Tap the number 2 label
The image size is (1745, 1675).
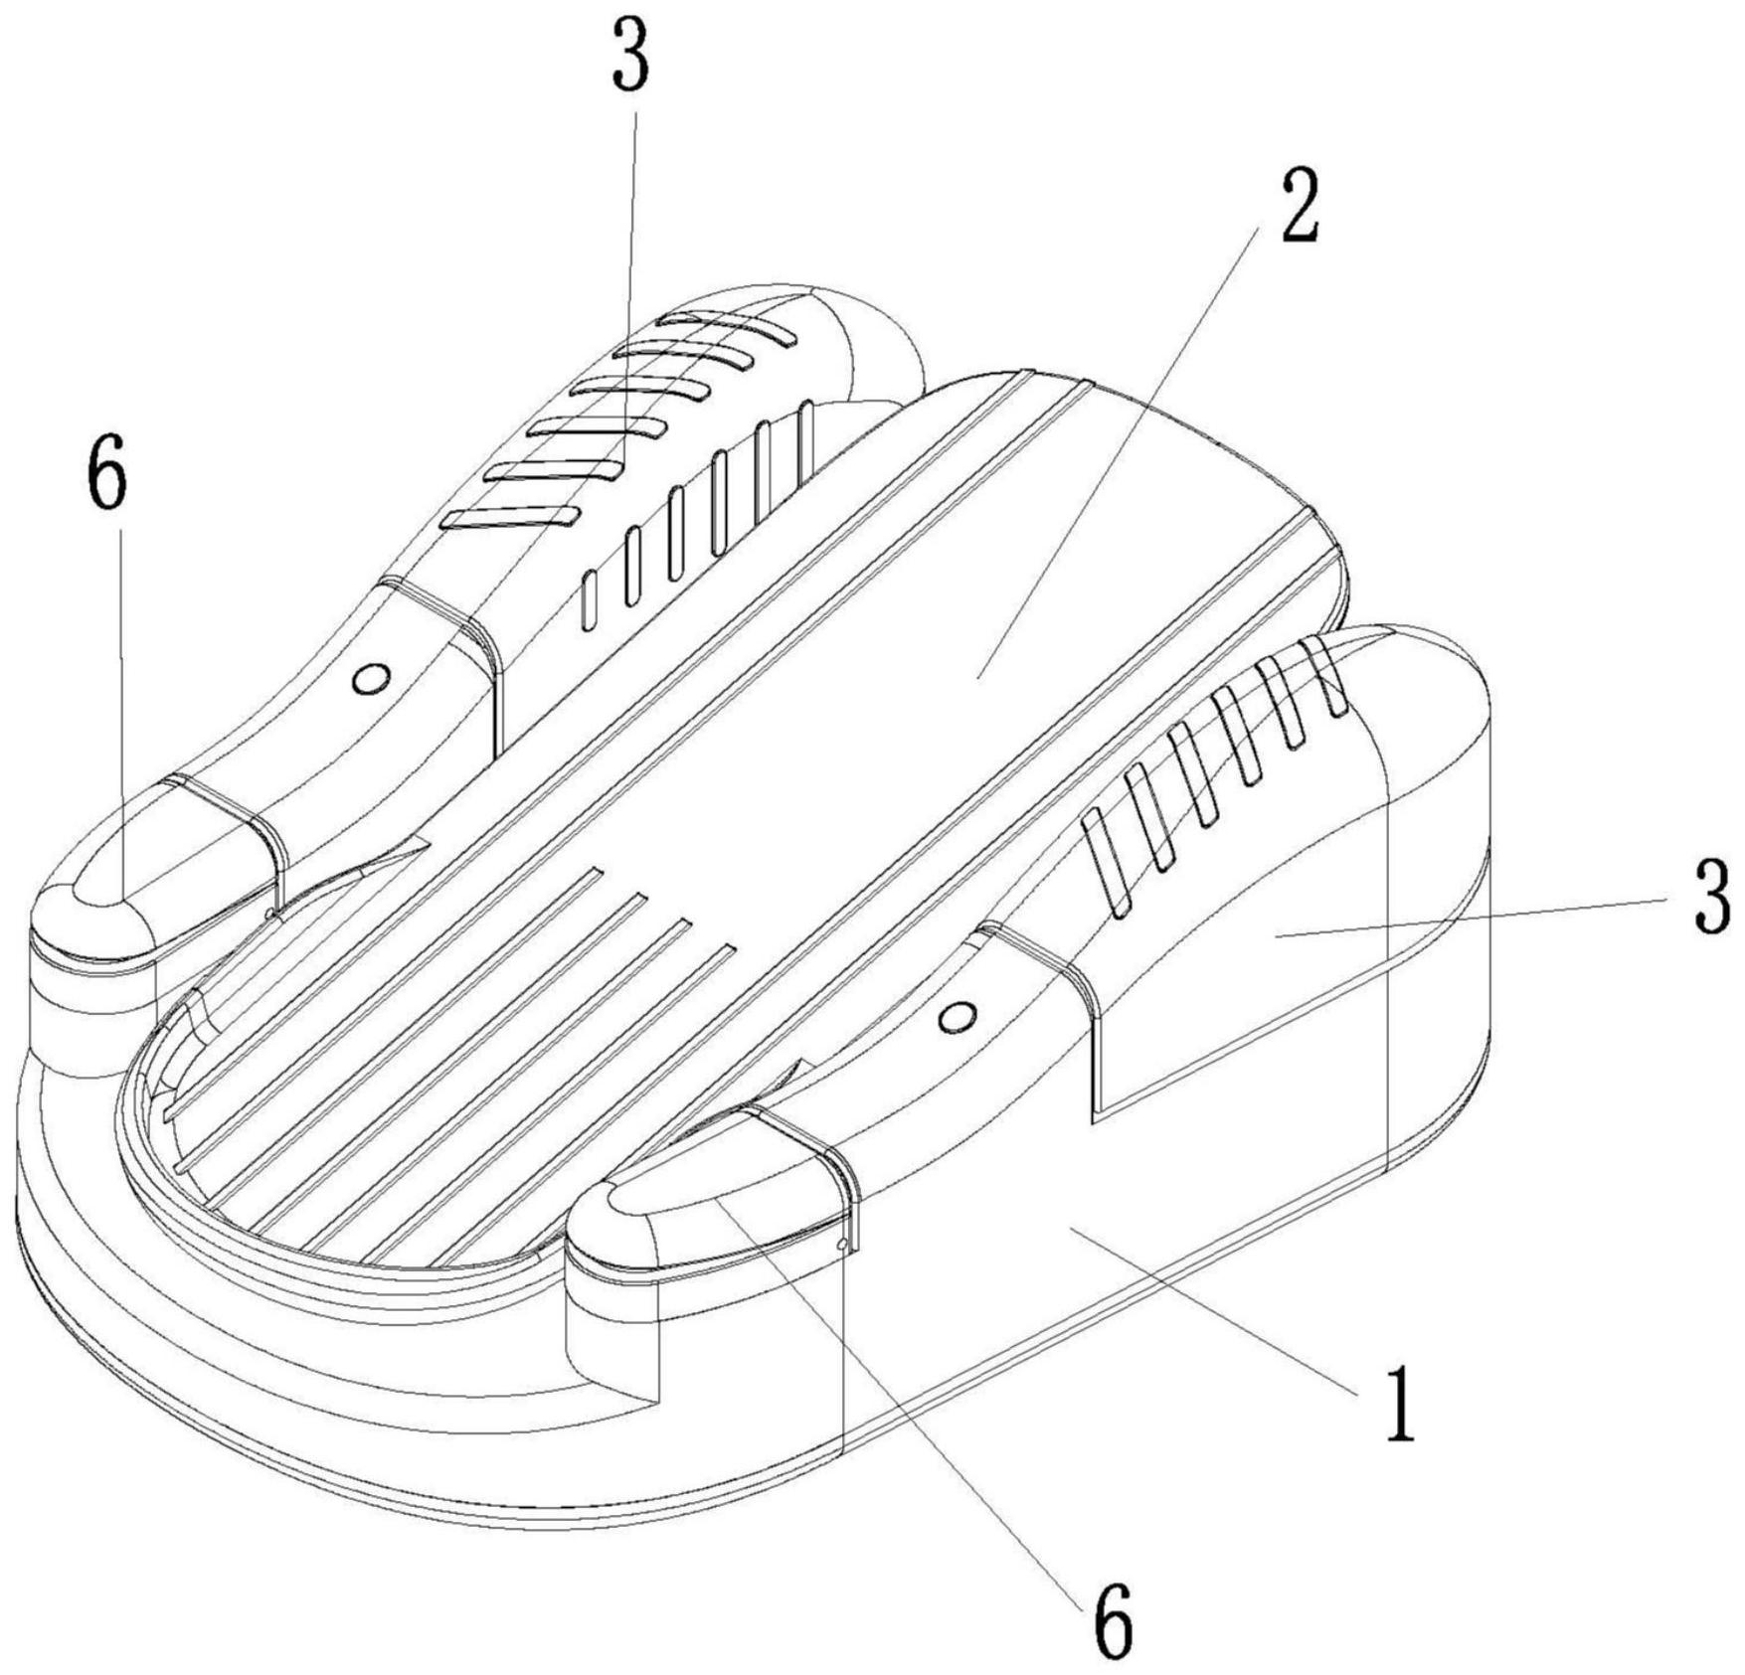pos(1299,206)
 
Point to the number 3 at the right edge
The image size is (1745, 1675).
pos(1712,898)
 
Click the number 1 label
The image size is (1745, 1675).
pos(1400,1405)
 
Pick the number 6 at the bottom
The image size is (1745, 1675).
pos(1113,1624)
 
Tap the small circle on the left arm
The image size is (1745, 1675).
pos(372,679)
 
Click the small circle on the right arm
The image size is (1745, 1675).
pos(958,1016)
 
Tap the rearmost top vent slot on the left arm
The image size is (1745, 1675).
pos(731,327)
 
